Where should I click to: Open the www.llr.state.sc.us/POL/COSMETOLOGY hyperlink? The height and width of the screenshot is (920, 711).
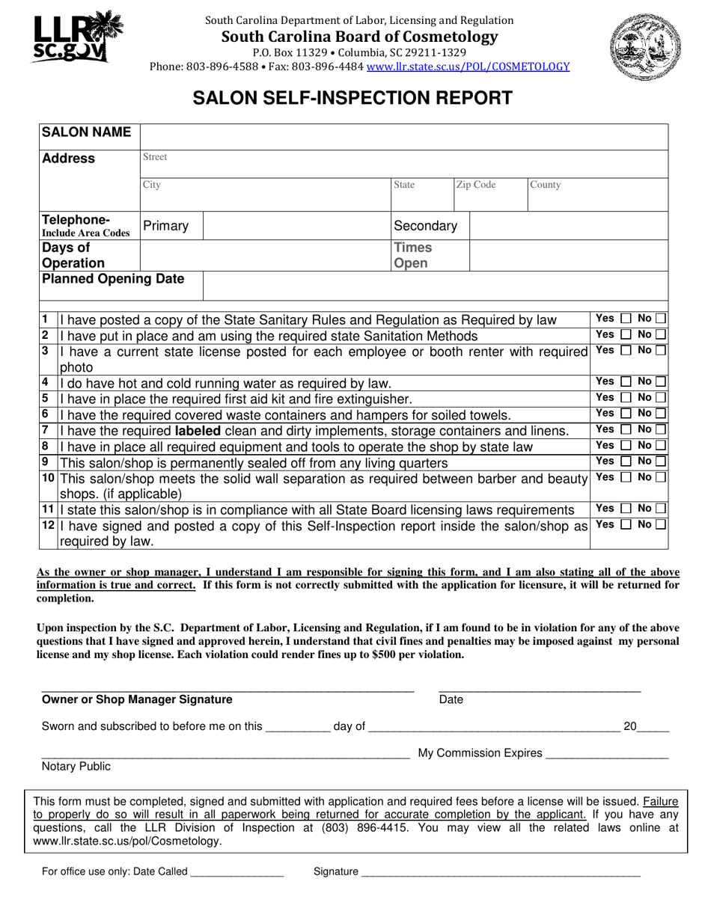474,67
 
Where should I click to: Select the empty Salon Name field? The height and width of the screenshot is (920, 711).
404,137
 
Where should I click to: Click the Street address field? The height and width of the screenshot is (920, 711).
404,164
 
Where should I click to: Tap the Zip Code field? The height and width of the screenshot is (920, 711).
489,194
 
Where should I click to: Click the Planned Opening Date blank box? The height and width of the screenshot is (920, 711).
434,285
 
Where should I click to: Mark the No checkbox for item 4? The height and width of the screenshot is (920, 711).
661,382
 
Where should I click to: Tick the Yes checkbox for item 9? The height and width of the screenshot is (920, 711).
626,461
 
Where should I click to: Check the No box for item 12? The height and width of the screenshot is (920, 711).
660,524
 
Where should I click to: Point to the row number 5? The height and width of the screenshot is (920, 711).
46,398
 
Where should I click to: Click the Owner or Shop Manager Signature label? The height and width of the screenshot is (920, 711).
137,700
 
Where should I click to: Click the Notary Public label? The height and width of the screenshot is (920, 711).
76,766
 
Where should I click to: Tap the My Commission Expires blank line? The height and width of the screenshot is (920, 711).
607,754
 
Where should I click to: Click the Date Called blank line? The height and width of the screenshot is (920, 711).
237,871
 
